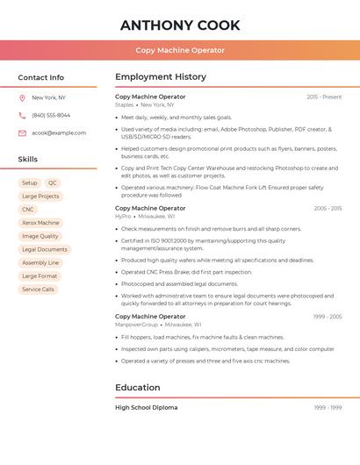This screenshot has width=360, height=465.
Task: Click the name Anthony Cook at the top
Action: click(180, 25)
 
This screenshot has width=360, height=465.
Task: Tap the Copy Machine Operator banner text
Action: click(180, 50)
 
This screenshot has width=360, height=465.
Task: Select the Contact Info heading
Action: click(41, 77)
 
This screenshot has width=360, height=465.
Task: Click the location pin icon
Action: click(22, 98)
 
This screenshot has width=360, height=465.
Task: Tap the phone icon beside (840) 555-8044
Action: click(22, 116)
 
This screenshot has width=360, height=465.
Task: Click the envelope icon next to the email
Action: click(22, 133)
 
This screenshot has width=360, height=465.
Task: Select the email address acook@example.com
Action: click(59, 133)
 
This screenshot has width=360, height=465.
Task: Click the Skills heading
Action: click(28, 160)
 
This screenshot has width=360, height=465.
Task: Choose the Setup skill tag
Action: click(30, 183)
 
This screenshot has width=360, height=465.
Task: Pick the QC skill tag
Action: click(53, 183)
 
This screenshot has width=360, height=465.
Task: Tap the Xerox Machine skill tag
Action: click(40, 223)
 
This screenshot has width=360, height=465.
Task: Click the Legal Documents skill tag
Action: click(45, 249)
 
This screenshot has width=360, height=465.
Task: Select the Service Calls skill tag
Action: click(38, 289)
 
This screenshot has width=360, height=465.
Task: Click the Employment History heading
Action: click(161, 77)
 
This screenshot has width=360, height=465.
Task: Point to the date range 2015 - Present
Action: click(324, 97)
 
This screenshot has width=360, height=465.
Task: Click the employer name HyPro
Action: click(123, 216)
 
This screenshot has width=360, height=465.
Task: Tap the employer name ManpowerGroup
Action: click(137, 324)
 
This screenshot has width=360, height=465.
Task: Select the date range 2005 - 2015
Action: click(328, 209)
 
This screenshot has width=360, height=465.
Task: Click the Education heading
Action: click(138, 388)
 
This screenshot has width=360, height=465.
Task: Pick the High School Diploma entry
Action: click(147, 408)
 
